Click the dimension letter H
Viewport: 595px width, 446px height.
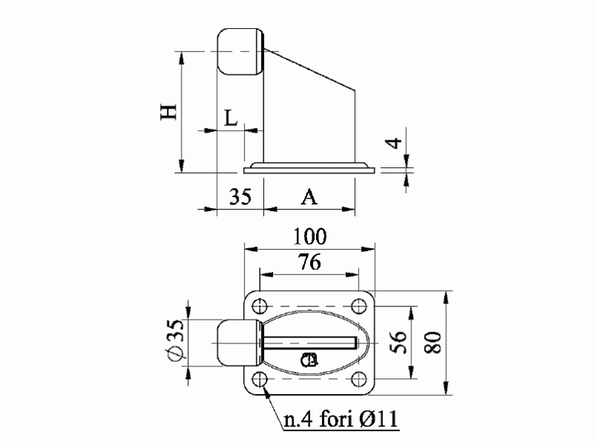pyautogui.click(x=169, y=112)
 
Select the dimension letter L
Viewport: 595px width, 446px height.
pyautogui.click(x=231, y=118)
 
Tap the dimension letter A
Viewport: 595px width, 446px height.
pyautogui.click(x=309, y=197)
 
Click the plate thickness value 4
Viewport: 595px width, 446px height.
pyautogui.click(x=393, y=143)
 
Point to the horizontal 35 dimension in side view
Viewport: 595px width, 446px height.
pyautogui.click(x=240, y=196)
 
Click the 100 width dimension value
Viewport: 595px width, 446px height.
pyautogui.click(x=310, y=236)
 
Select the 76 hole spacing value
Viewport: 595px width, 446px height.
pyautogui.click(x=309, y=262)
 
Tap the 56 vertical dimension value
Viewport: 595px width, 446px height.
pyautogui.click(x=399, y=342)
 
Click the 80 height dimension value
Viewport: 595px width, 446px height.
pyautogui.click(x=433, y=343)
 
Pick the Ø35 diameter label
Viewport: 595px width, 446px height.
pyautogui.click(x=175, y=339)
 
